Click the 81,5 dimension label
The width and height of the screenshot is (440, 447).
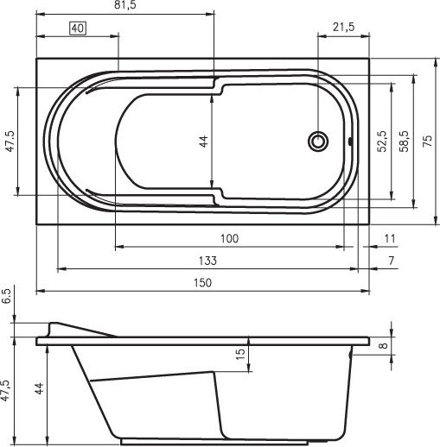[125, 5]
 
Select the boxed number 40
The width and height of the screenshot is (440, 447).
[78, 28]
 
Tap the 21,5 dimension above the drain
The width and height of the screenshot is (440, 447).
[343, 27]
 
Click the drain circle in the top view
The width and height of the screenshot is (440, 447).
[318, 141]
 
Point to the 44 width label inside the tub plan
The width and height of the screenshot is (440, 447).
[203, 142]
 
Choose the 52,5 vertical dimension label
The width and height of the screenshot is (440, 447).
[382, 142]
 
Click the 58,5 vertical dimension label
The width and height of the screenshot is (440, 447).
[404, 142]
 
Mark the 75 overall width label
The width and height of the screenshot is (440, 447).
[428, 141]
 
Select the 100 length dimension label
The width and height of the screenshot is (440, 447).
[229, 238]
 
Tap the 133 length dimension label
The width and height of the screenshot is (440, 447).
[207, 261]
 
